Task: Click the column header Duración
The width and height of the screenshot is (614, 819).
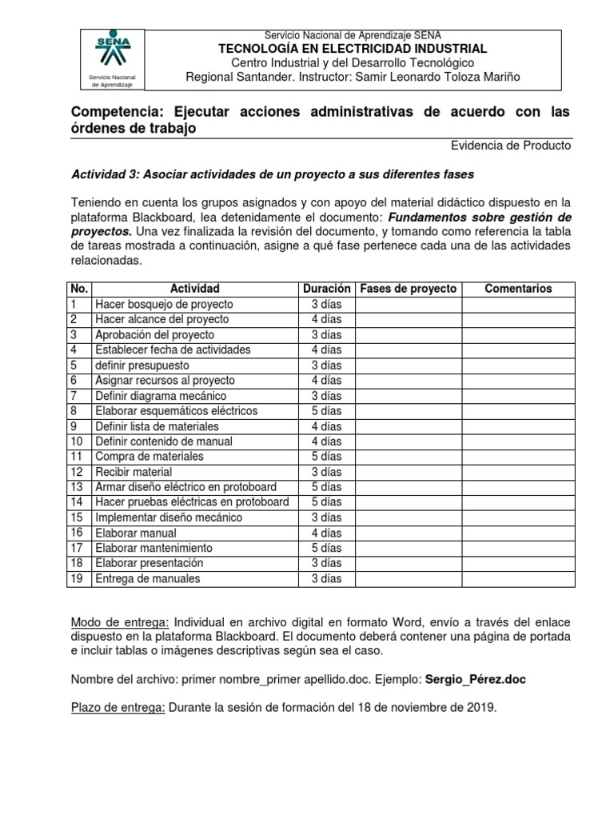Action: [x=326, y=289]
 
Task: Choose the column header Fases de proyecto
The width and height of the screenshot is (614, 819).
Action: [x=408, y=289]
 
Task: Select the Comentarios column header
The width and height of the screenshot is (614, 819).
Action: [x=517, y=289]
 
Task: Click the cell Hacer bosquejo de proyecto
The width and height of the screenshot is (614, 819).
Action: [x=163, y=304]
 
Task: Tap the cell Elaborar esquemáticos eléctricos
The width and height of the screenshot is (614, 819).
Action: [x=176, y=410]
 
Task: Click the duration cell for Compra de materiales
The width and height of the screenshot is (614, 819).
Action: [x=326, y=456]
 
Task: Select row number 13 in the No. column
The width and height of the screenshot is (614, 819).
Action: [x=77, y=487]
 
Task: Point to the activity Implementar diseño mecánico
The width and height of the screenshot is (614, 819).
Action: [x=169, y=517]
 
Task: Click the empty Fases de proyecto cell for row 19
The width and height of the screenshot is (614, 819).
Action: [x=408, y=578]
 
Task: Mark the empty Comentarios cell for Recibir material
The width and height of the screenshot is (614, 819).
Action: [x=517, y=472]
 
